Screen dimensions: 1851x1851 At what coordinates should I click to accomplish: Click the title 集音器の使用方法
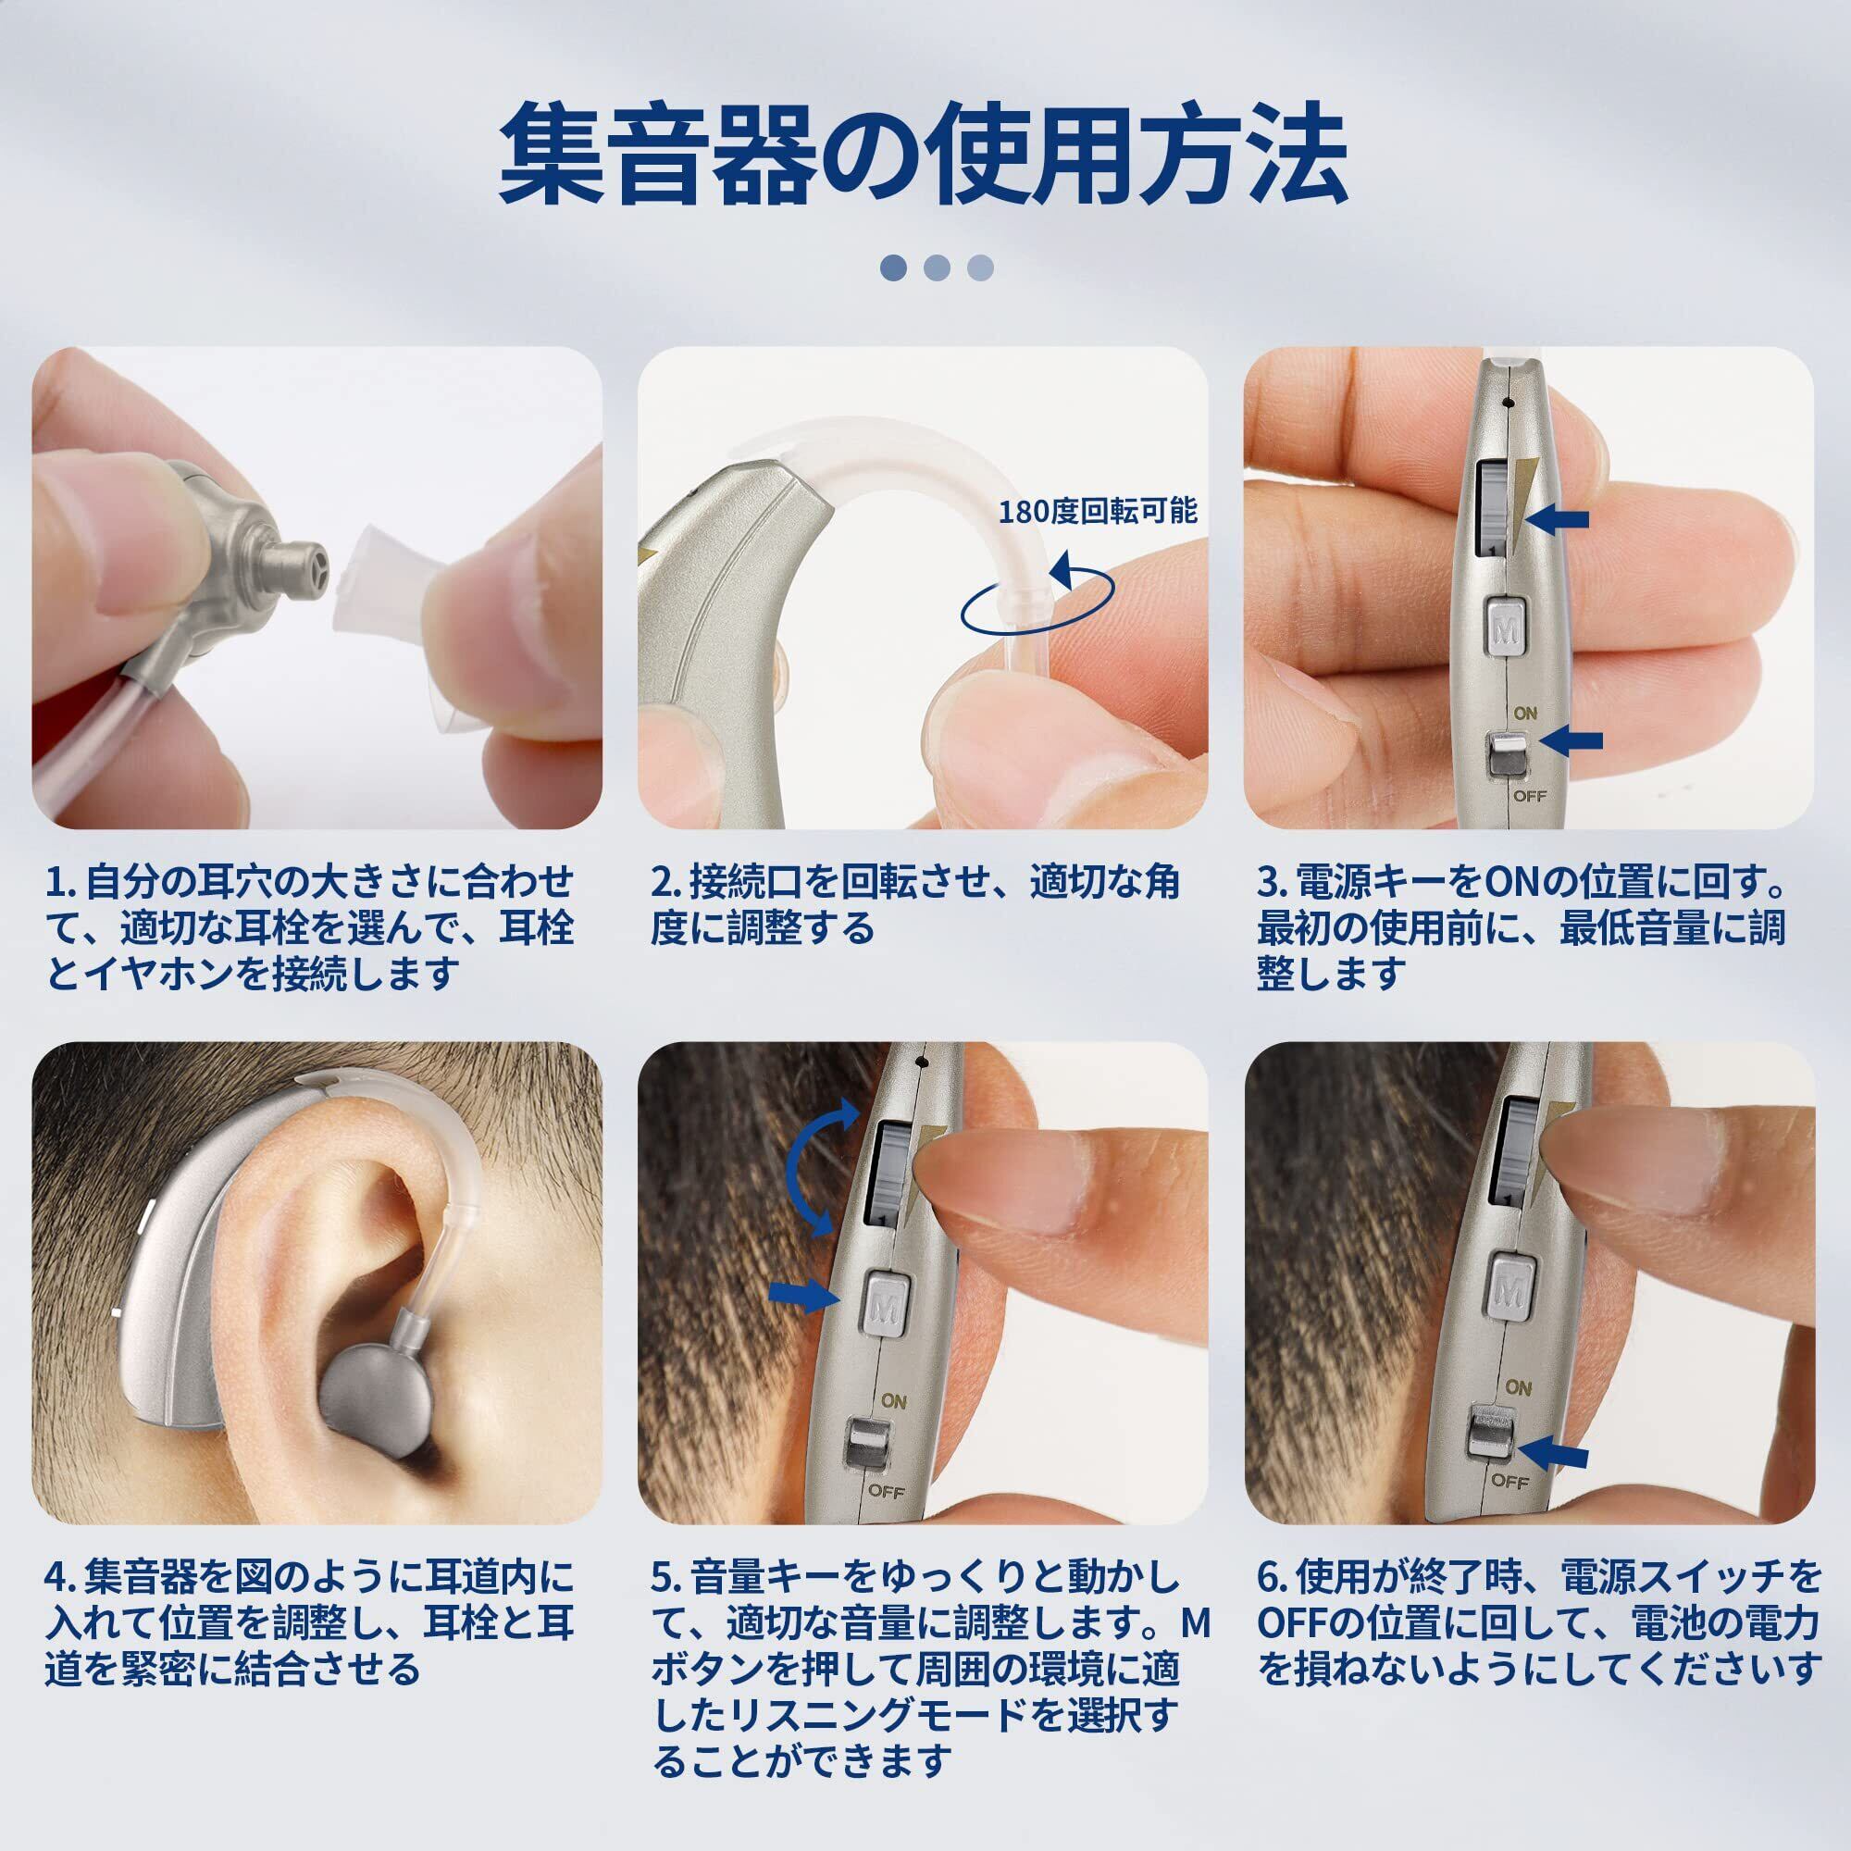(924, 156)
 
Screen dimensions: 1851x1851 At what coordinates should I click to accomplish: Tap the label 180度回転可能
(1099, 511)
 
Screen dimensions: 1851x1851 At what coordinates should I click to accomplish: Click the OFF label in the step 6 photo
(1509, 1481)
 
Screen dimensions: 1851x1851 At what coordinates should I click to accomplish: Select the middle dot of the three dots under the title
(937, 267)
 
